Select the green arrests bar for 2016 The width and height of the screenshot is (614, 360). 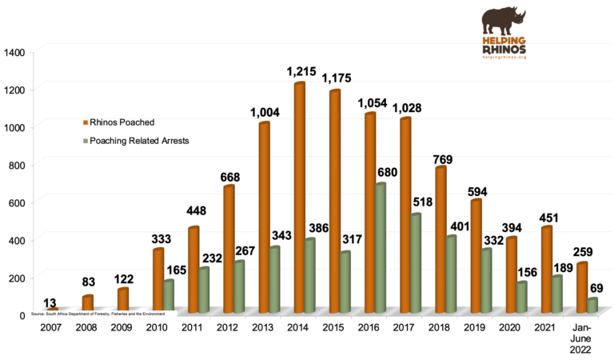click(x=381, y=247)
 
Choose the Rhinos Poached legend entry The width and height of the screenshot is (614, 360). click(x=122, y=122)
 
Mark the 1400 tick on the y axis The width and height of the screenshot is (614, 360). click(x=16, y=52)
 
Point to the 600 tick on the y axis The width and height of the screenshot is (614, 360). click(x=18, y=202)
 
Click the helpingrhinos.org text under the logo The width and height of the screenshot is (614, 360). click(x=503, y=57)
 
